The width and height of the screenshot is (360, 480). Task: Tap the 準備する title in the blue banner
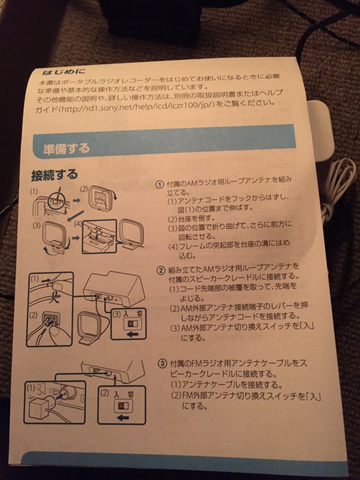pos(67,149)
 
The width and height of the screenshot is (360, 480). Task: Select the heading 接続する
pos(54,175)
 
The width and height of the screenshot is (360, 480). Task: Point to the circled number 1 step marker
pos(160,185)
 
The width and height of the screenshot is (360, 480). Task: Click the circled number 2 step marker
pos(161,270)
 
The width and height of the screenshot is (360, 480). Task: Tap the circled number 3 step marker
pos(162,364)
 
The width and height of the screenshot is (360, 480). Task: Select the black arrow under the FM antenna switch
pos(123,417)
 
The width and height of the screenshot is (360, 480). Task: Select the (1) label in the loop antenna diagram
pos(34,192)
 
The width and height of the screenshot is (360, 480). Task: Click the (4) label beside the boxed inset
pos(78,224)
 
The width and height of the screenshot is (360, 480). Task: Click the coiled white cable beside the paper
pos(337,187)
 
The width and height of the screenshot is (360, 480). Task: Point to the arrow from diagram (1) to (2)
pos(76,200)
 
